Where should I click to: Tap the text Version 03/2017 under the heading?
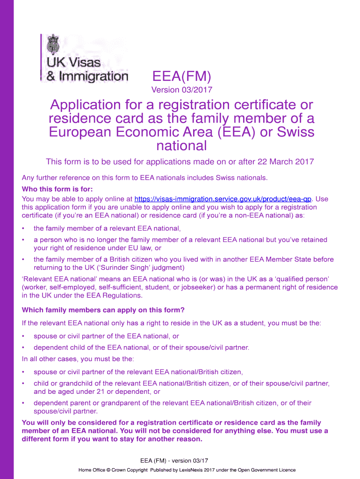[x=182, y=90]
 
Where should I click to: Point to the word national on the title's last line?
[x=182, y=145]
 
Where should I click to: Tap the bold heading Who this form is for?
[x=58, y=189]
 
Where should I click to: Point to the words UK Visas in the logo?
[x=73, y=63]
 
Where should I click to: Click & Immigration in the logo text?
[x=87, y=76]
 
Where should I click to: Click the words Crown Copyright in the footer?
[x=129, y=470]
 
